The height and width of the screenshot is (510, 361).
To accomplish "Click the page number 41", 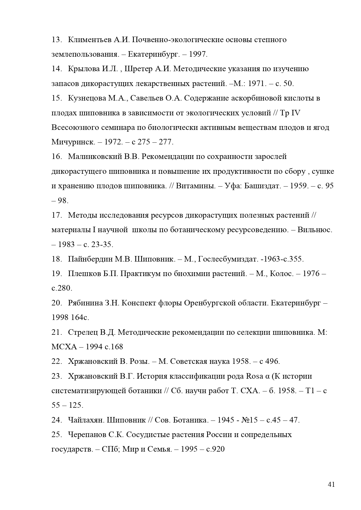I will point(331,484).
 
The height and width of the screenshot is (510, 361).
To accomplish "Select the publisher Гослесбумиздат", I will point(228,259).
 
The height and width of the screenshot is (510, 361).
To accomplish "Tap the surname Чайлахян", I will point(86,420).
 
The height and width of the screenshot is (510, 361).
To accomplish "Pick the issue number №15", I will point(249,420).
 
